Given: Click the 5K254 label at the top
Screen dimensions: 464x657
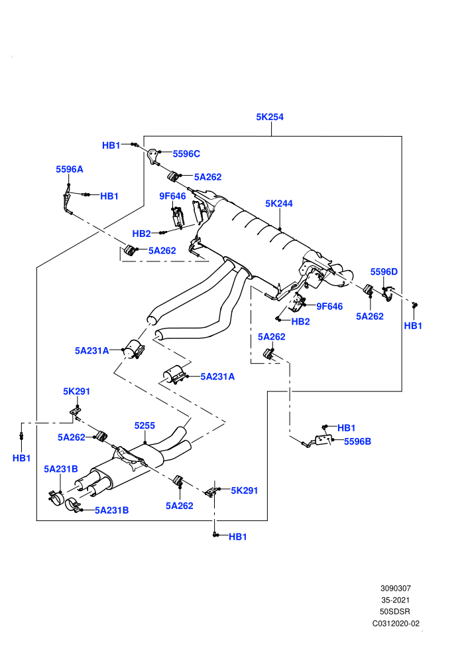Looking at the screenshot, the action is pyautogui.click(x=269, y=117).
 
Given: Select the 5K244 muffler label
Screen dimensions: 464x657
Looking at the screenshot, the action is pyautogui.click(x=278, y=204).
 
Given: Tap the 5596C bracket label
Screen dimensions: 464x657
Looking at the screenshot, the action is pyautogui.click(x=186, y=154).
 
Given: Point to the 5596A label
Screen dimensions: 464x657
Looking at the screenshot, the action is pyautogui.click(x=70, y=169).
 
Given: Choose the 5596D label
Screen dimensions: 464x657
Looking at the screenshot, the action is pyautogui.click(x=384, y=272).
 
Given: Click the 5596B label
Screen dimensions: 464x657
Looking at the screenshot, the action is pyautogui.click(x=357, y=441).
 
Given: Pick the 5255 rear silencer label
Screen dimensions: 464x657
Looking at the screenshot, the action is pyautogui.click(x=145, y=425).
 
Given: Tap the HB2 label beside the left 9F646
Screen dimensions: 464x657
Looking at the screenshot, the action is pyautogui.click(x=141, y=234).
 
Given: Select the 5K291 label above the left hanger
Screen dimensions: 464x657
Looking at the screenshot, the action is pyautogui.click(x=77, y=392).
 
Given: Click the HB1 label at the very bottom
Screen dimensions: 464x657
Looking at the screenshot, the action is pyautogui.click(x=238, y=537).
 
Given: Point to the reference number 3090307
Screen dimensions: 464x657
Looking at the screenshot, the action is pyautogui.click(x=395, y=588).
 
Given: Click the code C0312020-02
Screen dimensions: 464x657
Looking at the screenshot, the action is pyautogui.click(x=396, y=623).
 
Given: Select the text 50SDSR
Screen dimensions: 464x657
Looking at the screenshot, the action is pyautogui.click(x=395, y=612).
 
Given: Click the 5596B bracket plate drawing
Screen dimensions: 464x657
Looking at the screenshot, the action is pyautogui.click(x=322, y=439).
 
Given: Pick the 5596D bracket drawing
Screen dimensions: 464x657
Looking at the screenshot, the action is pyautogui.click(x=388, y=293).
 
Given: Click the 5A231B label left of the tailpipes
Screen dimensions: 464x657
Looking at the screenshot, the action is pyautogui.click(x=61, y=469).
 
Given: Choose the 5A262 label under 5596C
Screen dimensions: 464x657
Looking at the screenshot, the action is pyautogui.click(x=207, y=177).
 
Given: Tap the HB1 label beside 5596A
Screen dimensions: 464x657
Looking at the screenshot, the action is pyautogui.click(x=109, y=196).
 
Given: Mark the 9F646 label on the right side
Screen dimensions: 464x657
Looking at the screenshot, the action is pyautogui.click(x=329, y=307).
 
